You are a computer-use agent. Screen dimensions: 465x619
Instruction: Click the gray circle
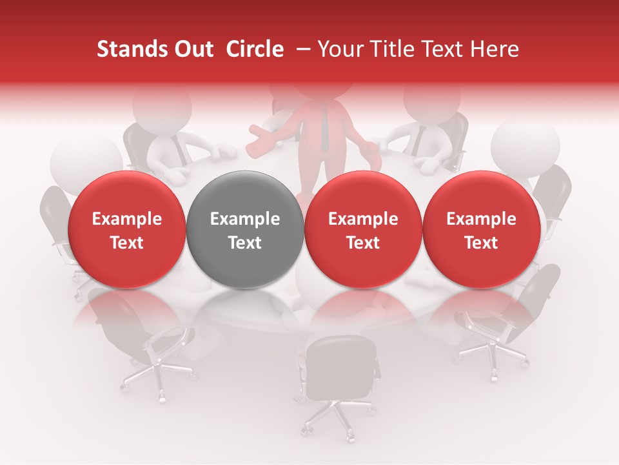point(245,230)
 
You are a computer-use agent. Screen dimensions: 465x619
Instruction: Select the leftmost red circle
point(127,230)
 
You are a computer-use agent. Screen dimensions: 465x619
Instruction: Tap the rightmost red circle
point(481,230)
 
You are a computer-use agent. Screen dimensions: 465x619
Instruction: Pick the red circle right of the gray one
point(363,230)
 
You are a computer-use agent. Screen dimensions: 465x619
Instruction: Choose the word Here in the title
point(495,49)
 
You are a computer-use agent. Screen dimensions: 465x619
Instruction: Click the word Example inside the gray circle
point(245,219)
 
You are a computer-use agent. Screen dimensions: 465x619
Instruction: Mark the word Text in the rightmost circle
point(481,243)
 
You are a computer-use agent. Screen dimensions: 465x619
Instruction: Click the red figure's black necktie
point(325,129)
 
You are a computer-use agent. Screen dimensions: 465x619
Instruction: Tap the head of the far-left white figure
point(85,159)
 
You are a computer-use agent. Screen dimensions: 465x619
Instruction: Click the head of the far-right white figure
point(525,145)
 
